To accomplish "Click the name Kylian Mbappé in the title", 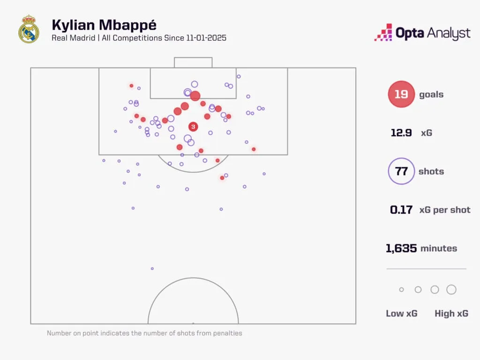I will coord(104,24).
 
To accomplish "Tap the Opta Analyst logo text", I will coord(433,33).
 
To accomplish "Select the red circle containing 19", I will coord(401,94).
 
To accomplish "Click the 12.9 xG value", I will coord(401,133).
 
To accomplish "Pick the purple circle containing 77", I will coord(401,171).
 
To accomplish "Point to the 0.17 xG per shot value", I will coord(401,210).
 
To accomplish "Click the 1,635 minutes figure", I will coord(401,248).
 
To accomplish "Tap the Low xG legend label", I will coord(401,314).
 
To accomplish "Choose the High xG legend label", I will coord(451,314).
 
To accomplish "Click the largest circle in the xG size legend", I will coord(451,290).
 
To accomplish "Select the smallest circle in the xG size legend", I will coord(401,290).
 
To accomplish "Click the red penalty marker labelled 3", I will coord(193,127).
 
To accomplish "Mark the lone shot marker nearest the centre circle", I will coord(152,269).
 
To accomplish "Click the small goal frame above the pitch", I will coord(193,62).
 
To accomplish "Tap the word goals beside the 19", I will coord(431,94).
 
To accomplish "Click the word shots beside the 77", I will coord(431,171).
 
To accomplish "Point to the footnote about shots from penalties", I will coord(144,333).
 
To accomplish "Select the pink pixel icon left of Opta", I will coord(383,33).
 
